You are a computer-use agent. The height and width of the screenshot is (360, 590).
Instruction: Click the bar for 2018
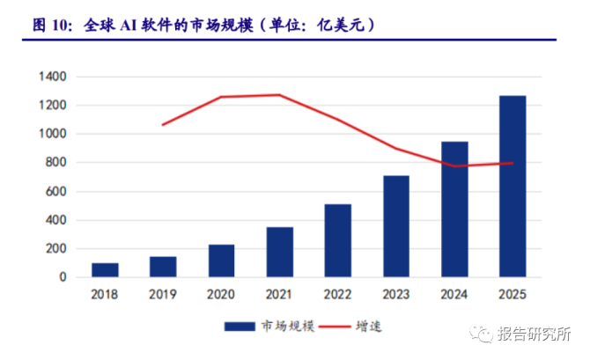[x=105, y=270]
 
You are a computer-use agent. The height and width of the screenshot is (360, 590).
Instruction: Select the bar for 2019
[x=163, y=267]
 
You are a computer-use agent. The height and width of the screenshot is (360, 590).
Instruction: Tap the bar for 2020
[x=221, y=261]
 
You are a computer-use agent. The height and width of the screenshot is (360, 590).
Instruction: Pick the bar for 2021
[x=279, y=252]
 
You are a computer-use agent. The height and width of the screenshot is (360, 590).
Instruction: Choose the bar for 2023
[x=395, y=226]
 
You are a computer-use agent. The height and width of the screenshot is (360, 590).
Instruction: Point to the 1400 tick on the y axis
[x=52, y=77]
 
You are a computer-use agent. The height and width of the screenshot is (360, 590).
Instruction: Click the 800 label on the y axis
[x=55, y=163]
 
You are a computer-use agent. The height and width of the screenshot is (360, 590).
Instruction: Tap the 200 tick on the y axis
[x=55, y=249]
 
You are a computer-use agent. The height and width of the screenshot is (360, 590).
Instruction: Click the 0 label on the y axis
[x=63, y=277]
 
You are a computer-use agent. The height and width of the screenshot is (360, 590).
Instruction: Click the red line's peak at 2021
[x=279, y=95]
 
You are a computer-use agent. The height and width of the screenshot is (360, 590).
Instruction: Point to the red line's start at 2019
[x=163, y=125]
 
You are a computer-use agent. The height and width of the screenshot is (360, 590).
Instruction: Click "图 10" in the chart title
[x=51, y=26]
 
